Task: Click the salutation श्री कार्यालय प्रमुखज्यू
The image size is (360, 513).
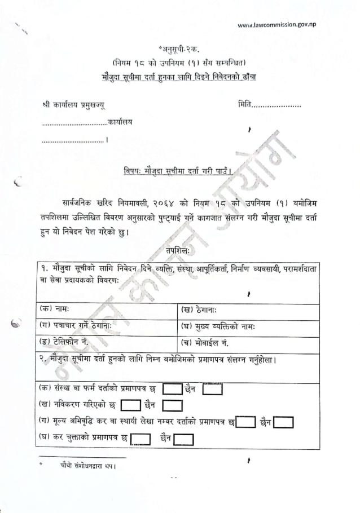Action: coord(73,105)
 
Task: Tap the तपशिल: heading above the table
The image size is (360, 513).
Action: coord(178,249)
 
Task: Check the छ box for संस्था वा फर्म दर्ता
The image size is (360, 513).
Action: coord(172,389)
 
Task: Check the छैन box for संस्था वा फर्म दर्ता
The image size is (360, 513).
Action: coord(213,389)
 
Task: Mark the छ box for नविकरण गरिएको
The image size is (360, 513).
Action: coord(130,405)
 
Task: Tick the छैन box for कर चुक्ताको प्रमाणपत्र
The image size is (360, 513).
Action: coord(183,439)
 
